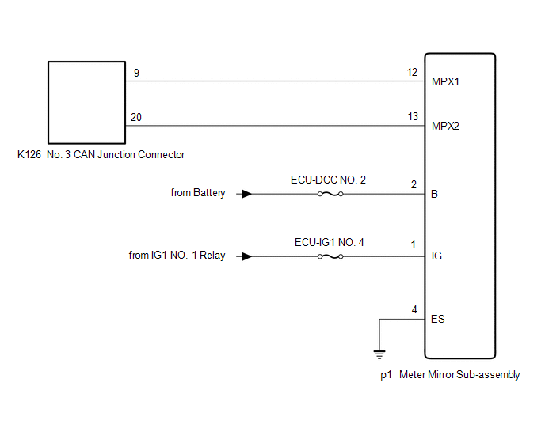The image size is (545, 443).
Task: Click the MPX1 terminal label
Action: [445, 82]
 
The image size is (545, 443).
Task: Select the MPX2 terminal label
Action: [445, 126]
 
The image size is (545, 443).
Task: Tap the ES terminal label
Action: [437, 319]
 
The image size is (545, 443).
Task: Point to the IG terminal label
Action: [436, 256]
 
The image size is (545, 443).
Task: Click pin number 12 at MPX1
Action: [412, 72]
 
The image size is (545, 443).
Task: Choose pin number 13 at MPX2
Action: [413, 116]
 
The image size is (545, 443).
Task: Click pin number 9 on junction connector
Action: [136, 73]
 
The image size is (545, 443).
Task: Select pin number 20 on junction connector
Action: [136, 117]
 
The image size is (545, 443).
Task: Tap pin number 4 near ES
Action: [414, 309]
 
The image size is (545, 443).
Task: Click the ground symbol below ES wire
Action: [379, 354]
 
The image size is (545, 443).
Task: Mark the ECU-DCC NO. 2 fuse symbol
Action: [330, 194]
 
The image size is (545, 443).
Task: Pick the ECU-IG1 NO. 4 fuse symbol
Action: [330, 256]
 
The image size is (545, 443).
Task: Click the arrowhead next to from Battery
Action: [247, 194]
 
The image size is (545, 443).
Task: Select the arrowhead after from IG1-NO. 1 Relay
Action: [247, 256]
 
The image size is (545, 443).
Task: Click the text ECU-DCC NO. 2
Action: [328, 180]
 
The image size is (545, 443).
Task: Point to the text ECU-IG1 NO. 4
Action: [330, 242]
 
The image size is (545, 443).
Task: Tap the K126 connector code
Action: [29, 154]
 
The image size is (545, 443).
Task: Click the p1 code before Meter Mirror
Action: [386, 375]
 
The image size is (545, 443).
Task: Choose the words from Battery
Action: [198, 193]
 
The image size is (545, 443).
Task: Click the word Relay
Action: [212, 256]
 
